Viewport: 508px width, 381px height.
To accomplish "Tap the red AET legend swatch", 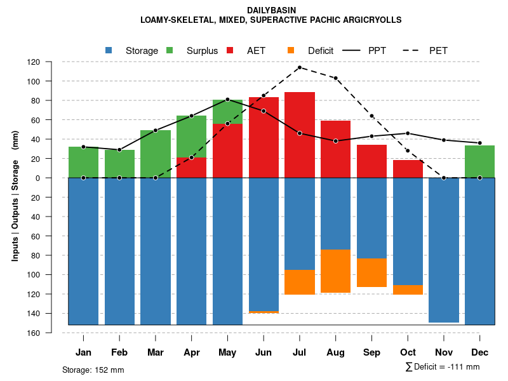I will pyautogui.click(x=230, y=50).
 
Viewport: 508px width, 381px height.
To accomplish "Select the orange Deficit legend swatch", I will pyautogui.click(x=291, y=50).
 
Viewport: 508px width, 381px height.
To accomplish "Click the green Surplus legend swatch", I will pyautogui.click(x=170, y=50).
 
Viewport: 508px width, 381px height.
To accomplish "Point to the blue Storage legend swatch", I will pyautogui.click(x=109, y=50).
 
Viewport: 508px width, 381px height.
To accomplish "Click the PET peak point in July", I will pyautogui.click(x=299, y=67).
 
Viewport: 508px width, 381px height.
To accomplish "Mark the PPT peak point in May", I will pyautogui.click(x=227, y=100).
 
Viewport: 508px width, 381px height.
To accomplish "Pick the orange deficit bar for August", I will pyautogui.click(x=335, y=271).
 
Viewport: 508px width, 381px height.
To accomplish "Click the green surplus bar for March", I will pyautogui.click(x=156, y=154).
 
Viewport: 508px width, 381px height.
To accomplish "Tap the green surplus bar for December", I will pyautogui.click(x=479, y=161).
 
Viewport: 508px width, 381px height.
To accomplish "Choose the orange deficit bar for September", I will pyautogui.click(x=371, y=272).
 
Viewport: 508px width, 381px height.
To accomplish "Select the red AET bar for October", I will pyautogui.click(x=408, y=169).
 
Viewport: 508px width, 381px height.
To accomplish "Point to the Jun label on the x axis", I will pyautogui.click(x=264, y=352).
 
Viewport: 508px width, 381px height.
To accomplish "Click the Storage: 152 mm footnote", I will pyautogui.click(x=93, y=370).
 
